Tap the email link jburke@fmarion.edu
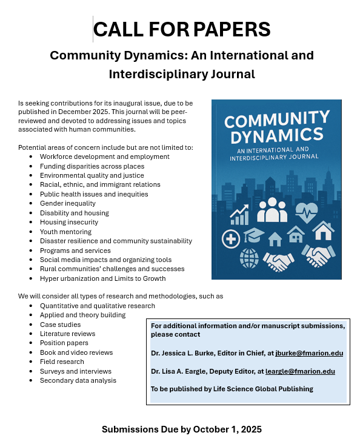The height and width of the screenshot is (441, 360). tap(309, 353)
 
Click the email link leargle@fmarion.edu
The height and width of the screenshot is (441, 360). tap(300, 371)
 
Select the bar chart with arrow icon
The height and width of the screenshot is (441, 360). tap(239, 214)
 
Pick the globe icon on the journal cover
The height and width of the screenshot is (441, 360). tap(248, 258)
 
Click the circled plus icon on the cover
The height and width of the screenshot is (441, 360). tap(231, 238)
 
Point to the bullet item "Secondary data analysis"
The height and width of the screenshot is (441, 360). tap(78, 380)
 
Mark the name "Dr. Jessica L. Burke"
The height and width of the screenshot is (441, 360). tap(185, 353)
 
